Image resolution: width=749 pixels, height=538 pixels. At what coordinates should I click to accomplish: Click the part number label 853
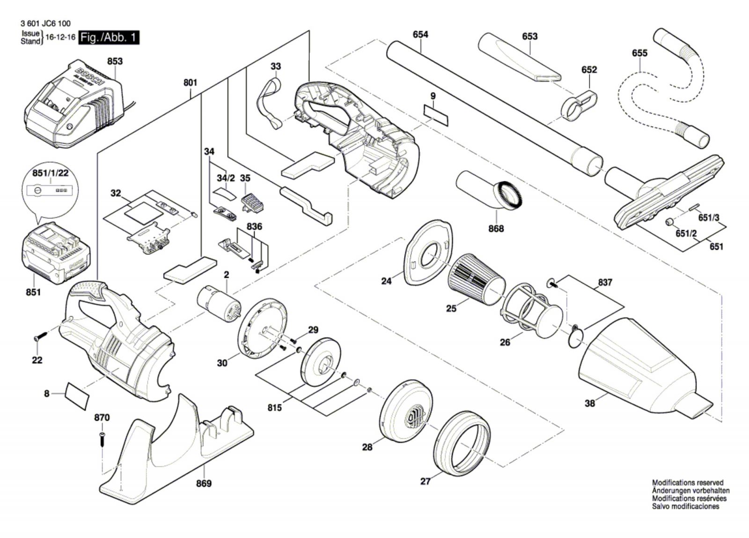(115, 61)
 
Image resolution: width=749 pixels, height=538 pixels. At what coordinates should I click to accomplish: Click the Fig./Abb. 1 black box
(109, 37)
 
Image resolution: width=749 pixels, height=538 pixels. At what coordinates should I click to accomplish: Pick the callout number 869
(204, 483)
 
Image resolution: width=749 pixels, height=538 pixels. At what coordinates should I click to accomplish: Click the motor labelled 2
(218, 305)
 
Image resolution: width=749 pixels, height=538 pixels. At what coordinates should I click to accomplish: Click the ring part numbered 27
(462, 443)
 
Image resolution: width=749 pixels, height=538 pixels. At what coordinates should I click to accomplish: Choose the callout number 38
(590, 403)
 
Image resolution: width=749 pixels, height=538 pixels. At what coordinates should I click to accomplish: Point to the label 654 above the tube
(420, 34)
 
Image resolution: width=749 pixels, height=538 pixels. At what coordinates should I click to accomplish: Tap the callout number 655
(639, 53)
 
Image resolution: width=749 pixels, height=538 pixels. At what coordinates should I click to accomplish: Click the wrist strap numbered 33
(269, 104)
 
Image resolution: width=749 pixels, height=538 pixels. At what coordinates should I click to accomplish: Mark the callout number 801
(190, 82)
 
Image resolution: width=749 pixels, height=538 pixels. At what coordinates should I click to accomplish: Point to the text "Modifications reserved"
(687, 482)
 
